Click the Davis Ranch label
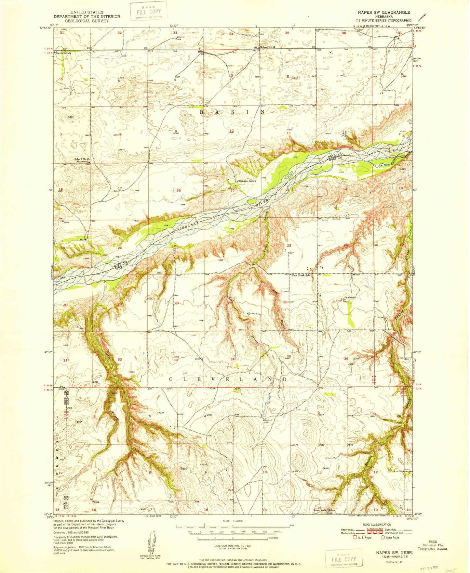(x=63, y=53)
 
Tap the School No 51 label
(x=267, y=47)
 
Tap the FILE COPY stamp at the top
(x=148, y=11)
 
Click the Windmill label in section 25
(x=351, y=297)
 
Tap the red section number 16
(x=178, y=190)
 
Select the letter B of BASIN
(x=201, y=112)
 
